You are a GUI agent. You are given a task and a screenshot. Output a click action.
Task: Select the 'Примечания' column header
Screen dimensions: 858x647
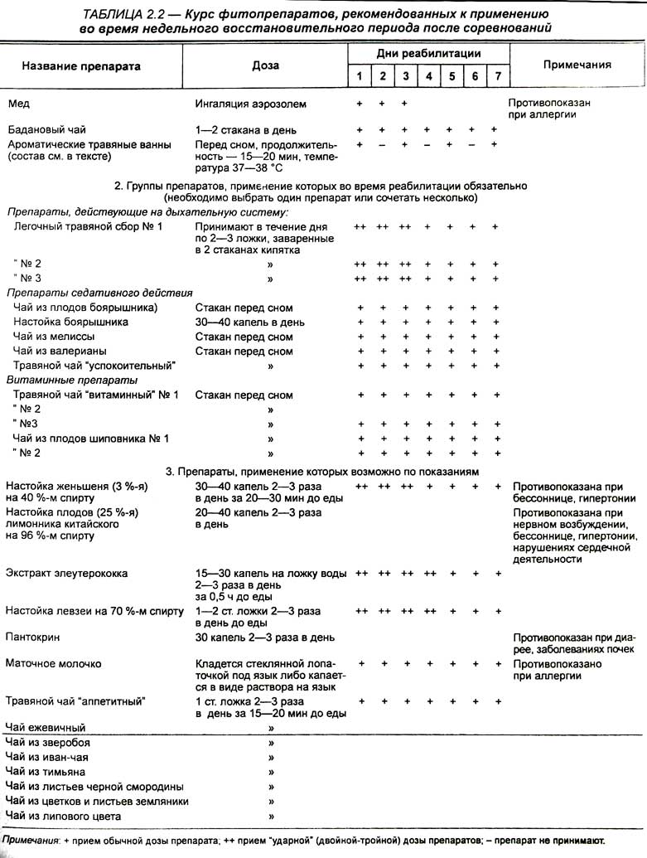pyautogui.click(x=577, y=65)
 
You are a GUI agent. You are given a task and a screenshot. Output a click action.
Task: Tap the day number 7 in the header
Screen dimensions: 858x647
pyautogui.click(x=497, y=77)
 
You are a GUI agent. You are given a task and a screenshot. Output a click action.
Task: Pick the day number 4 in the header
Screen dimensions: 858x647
pyautogui.click(x=428, y=77)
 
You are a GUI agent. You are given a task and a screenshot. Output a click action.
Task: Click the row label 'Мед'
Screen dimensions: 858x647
pyautogui.click(x=18, y=104)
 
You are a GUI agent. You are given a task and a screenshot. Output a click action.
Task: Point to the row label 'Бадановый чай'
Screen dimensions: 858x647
pyautogui.click(x=46, y=130)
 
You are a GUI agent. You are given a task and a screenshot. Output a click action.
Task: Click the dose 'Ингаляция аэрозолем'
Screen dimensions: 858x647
pyautogui.click(x=250, y=104)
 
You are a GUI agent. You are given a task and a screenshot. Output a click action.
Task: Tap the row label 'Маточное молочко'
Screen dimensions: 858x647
pyautogui.click(x=54, y=664)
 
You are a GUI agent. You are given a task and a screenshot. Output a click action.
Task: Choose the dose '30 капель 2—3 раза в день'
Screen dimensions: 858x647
pyautogui.click(x=264, y=637)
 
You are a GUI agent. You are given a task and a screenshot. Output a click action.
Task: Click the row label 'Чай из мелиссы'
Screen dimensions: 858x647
pyautogui.click(x=54, y=337)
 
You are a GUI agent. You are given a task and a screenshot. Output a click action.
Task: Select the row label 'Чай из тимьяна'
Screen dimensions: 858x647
pyautogui.click(x=46, y=771)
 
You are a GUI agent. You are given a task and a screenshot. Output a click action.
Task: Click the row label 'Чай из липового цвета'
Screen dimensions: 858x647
pyautogui.click(x=62, y=817)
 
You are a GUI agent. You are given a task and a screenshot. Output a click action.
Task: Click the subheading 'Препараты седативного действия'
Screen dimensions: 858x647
pyautogui.click(x=99, y=293)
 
